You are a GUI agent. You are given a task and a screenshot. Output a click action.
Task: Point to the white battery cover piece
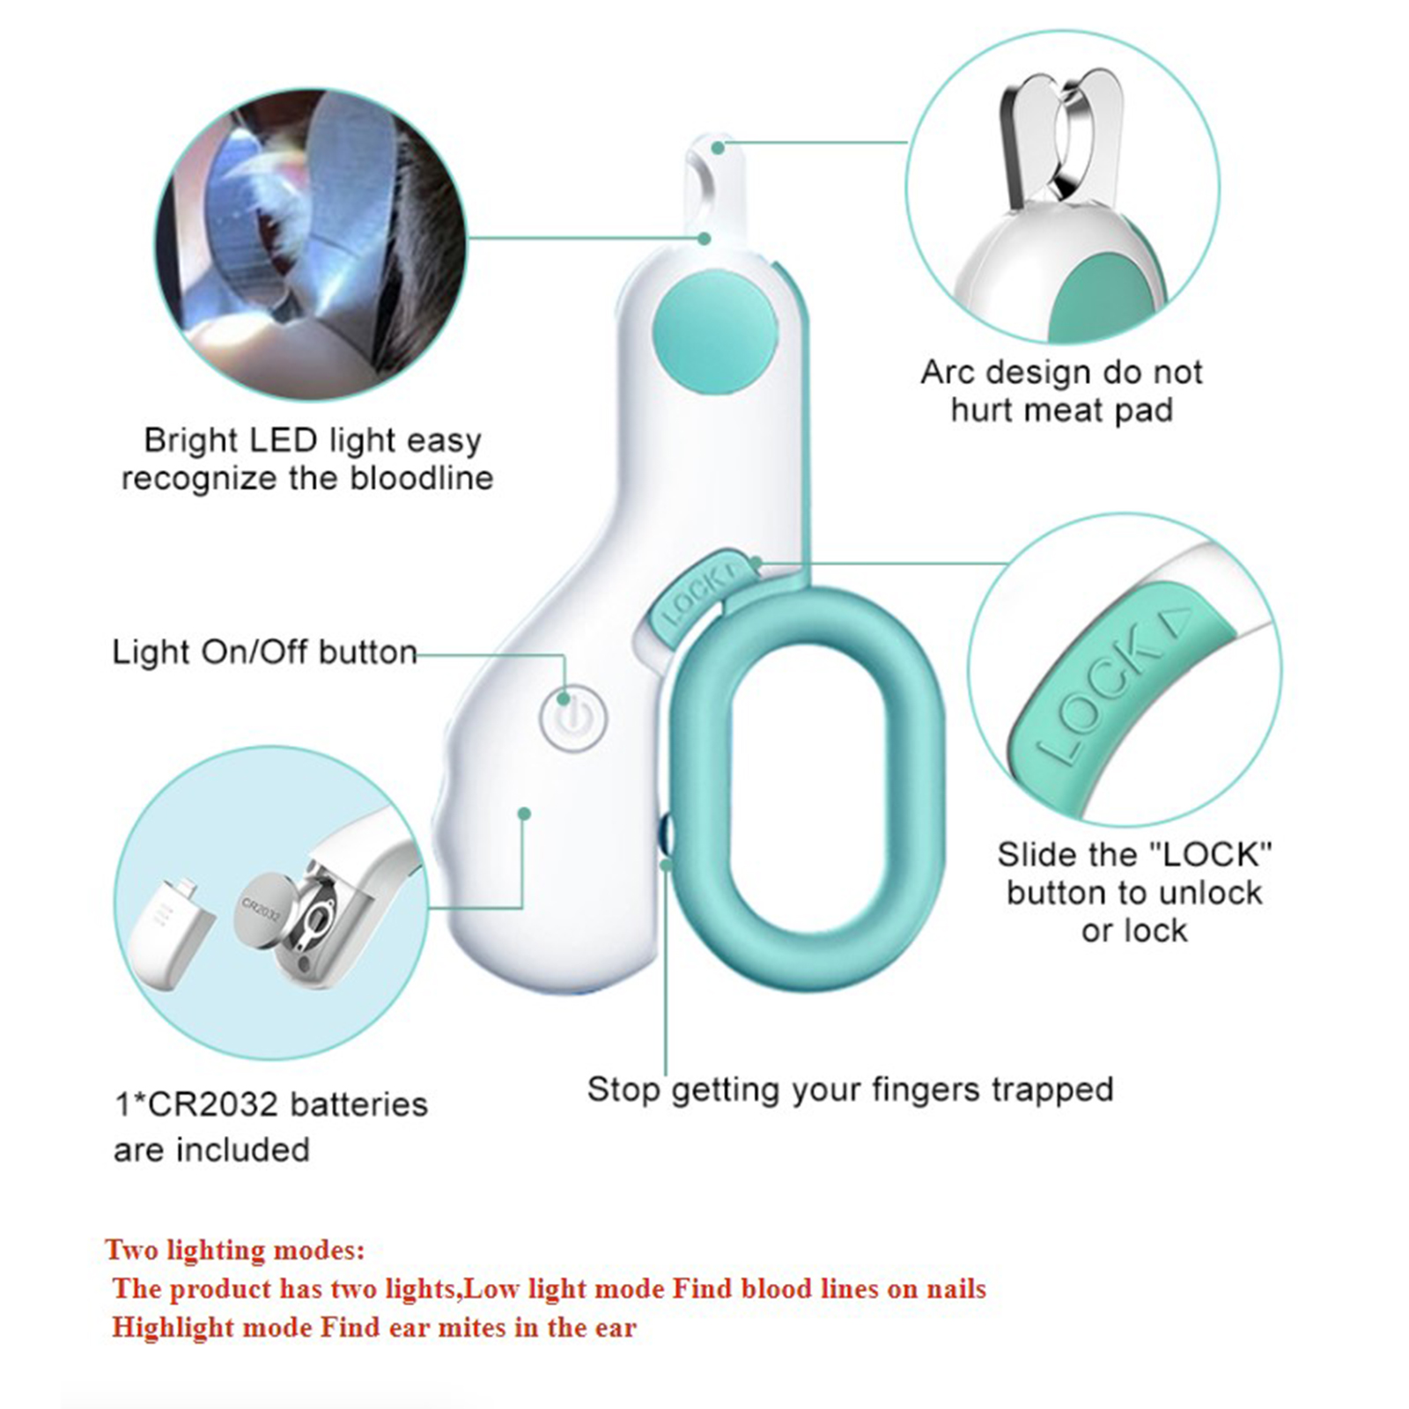pos(172,933)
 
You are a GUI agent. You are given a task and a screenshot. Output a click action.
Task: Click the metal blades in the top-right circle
pos(1060,140)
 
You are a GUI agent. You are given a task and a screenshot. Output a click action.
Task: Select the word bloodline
pos(422,478)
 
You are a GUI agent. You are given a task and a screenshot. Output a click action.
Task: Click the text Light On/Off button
pos(264,653)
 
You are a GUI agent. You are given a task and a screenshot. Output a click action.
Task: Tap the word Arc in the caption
pos(948,372)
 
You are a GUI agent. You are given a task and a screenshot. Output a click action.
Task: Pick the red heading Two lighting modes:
pos(234,1250)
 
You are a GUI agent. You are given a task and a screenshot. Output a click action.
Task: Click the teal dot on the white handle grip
pos(524,814)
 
